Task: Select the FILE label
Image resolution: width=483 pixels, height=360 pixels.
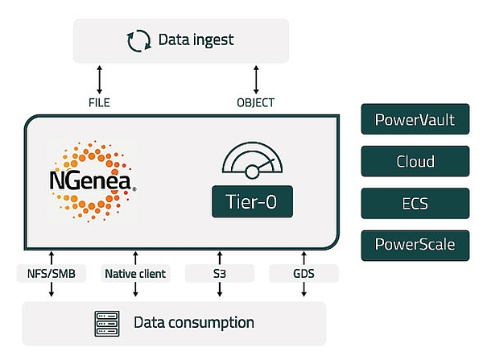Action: click(x=99, y=102)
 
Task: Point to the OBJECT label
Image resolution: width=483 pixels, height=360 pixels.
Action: click(x=255, y=102)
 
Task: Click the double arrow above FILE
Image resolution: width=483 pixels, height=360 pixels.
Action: click(x=99, y=80)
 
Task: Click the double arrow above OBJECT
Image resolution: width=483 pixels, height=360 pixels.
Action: click(x=255, y=80)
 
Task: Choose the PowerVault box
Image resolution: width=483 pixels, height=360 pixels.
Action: click(x=415, y=121)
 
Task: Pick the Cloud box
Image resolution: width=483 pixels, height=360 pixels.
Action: click(x=415, y=161)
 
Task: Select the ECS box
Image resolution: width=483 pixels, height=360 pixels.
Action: click(x=415, y=202)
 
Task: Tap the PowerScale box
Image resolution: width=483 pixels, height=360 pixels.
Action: click(x=415, y=242)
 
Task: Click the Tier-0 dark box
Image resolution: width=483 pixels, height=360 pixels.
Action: click(x=252, y=201)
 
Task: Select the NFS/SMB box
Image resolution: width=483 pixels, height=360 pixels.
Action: click(x=51, y=274)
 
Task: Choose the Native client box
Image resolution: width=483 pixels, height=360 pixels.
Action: click(x=135, y=274)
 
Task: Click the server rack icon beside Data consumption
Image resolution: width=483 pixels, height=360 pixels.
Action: click(x=107, y=322)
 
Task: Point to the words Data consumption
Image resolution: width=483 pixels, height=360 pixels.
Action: click(x=193, y=323)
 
